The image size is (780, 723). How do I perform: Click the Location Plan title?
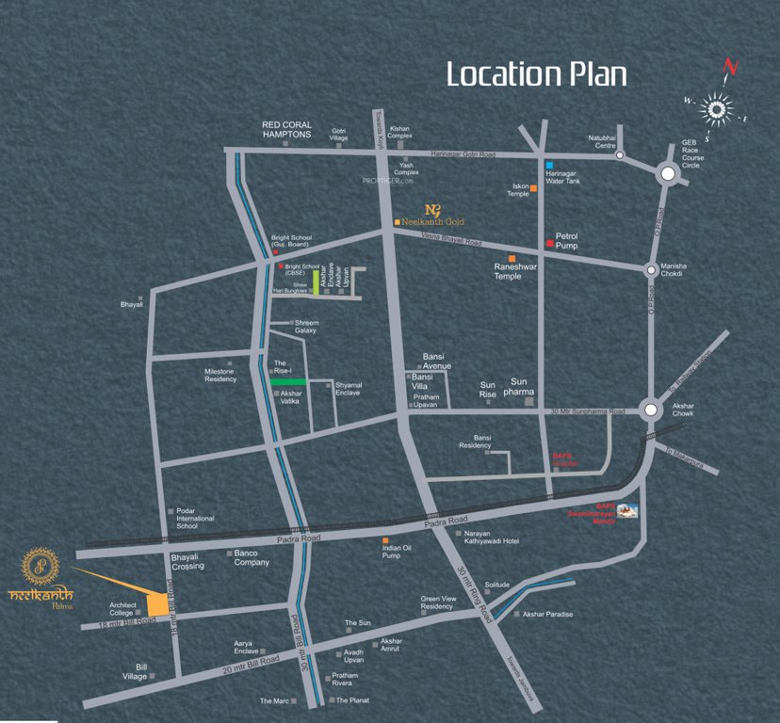click(x=536, y=73)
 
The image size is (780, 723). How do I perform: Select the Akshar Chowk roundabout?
click(x=651, y=410)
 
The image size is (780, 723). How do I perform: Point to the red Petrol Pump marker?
click(x=549, y=245)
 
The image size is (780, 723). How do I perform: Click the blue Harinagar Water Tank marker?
click(x=548, y=165)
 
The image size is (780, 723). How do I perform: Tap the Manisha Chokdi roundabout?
click(x=651, y=269)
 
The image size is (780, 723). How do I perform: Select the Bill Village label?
click(x=136, y=671)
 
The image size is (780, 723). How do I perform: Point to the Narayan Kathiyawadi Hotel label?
click(x=491, y=538)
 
